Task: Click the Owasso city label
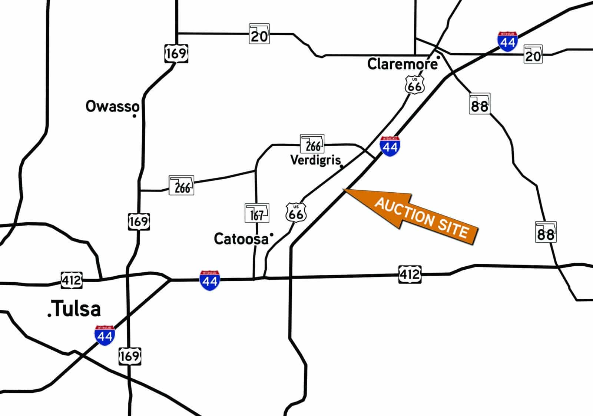pyautogui.click(x=112, y=107)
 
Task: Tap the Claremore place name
pyautogui.click(x=402, y=64)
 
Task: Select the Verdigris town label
pyautogui.click(x=315, y=160)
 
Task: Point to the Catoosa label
pyautogui.click(x=241, y=239)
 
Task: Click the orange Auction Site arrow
pyautogui.click(x=411, y=215)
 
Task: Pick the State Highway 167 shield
pyautogui.click(x=257, y=213)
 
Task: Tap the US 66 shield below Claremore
pyautogui.click(x=414, y=85)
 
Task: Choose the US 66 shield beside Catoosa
pyautogui.click(x=296, y=212)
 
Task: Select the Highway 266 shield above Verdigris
pyautogui.click(x=312, y=144)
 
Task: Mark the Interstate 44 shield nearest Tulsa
pyautogui.click(x=105, y=336)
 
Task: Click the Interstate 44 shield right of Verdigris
pyautogui.click(x=390, y=146)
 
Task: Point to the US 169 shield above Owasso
pyautogui.click(x=176, y=54)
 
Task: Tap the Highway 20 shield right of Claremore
pyautogui.click(x=533, y=54)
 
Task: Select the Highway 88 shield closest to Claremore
pyautogui.click(x=480, y=104)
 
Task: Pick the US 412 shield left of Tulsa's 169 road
pyautogui.click(x=71, y=280)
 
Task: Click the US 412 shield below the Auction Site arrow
pyautogui.click(x=410, y=274)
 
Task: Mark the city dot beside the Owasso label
pyautogui.click(x=134, y=116)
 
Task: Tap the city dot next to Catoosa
pyautogui.click(x=271, y=234)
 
